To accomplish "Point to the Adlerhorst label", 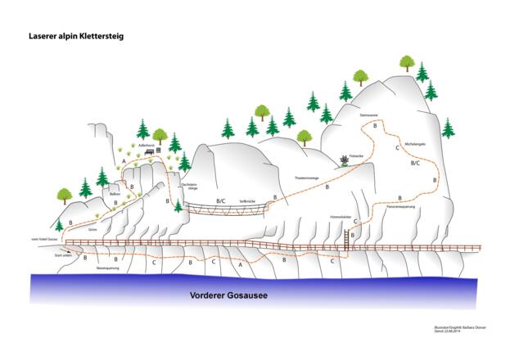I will pos(147,144).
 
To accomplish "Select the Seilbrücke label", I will pos(248,200).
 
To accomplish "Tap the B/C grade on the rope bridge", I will pos(219,200).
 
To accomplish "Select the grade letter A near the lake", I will pos(240,264).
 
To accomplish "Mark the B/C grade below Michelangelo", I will pos(415,163).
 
